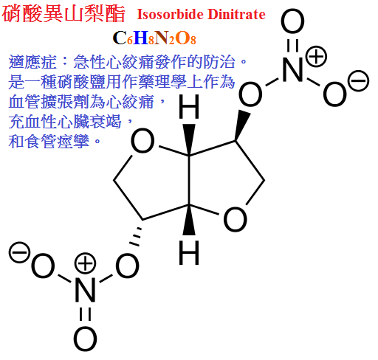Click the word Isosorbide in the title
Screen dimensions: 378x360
tap(171, 14)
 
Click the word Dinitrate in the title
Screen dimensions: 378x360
tap(236, 14)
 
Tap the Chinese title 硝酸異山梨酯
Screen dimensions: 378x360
tap(63, 14)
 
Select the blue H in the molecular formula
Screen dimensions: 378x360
tap(141, 38)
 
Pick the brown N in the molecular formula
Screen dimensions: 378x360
tap(162, 38)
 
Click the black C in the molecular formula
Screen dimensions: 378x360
tap(120, 38)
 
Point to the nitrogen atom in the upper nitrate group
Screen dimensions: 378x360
tap(292, 69)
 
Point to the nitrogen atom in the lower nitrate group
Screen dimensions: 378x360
tap(85, 289)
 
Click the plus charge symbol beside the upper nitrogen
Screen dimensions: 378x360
tap(316, 57)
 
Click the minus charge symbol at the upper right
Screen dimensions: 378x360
tap(359, 81)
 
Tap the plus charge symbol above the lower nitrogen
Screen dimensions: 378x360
tap(85, 263)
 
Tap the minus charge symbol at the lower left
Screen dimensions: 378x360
tap(19, 252)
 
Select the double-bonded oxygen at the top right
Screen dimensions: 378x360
tap(292, 21)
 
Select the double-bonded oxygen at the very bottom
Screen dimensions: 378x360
tap(85, 339)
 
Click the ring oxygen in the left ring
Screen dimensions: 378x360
tap(142, 141)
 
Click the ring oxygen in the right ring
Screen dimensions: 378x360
tap(235, 219)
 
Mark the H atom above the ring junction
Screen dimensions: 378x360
tap(189, 107)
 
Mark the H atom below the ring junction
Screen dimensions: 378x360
tap(189, 253)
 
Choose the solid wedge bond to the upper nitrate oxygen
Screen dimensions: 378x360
tap(241, 125)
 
